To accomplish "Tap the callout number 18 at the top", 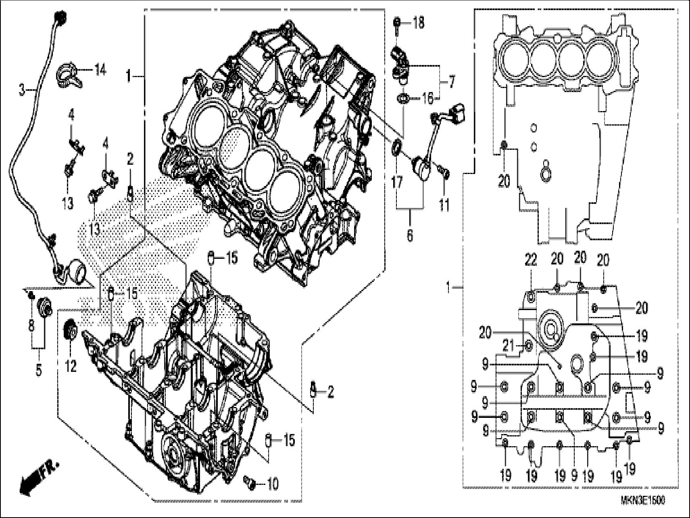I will click(x=418, y=23).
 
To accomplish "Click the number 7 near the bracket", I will click(x=450, y=83).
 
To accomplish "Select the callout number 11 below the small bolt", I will click(x=444, y=205).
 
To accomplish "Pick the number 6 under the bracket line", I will click(x=410, y=235).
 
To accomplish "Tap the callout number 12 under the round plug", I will click(x=71, y=367).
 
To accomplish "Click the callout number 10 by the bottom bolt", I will click(x=273, y=484).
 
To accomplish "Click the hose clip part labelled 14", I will click(x=69, y=76).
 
